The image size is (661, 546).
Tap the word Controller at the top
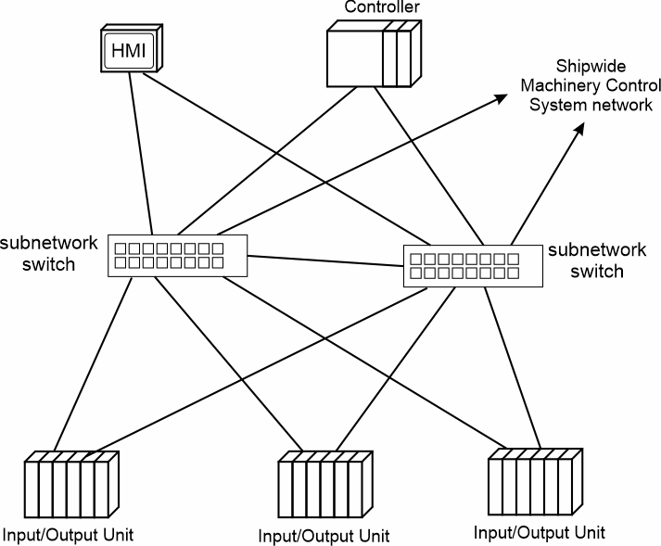pyautogui.click(x=382, y=7)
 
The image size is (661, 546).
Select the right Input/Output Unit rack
pyautogui.click(x=537, y=482)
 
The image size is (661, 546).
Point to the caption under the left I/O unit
pyautogui.click(x=68, y=535)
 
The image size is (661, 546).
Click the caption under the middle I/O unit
pyautogui.click(x=323, y=536)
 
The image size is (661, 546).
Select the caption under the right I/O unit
pyautogui.click(x=539, y=532)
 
